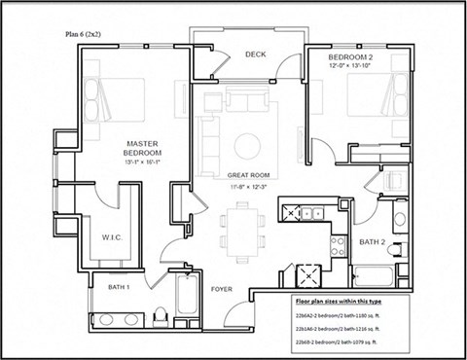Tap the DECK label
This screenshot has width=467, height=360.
coord(256,54)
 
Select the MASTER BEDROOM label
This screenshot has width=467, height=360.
coord(142,147)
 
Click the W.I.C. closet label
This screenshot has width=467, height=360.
coord(111,235)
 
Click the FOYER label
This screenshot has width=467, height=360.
coord(223,289)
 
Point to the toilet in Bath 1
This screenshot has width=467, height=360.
coord(163,311)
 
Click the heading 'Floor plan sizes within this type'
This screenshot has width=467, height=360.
coord(347,303)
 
